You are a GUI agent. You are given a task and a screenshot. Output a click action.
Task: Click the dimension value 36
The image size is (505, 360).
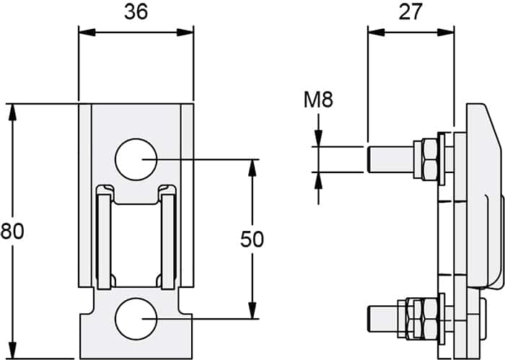[x=136, y=12]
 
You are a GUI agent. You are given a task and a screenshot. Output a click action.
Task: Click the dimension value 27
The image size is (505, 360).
[x=410, y=12]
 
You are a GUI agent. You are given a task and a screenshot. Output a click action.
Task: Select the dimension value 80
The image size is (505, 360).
[x=12, y=231]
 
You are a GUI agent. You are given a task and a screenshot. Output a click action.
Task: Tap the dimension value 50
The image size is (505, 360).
[x=252, y=239]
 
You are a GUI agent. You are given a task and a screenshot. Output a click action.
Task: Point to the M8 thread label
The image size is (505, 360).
[x=318, y=100]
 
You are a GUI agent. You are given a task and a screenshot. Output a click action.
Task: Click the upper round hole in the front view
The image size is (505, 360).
[x=136, y=159]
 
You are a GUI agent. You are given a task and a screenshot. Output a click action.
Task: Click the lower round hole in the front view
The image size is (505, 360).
[x=136, y=319]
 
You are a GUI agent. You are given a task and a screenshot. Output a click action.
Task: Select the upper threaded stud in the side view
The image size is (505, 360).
[x=390, y=159]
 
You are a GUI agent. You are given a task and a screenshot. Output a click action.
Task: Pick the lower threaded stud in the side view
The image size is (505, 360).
[x=383, y=319]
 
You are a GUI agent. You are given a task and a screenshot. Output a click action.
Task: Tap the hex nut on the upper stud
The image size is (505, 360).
[x=429, y=159]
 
